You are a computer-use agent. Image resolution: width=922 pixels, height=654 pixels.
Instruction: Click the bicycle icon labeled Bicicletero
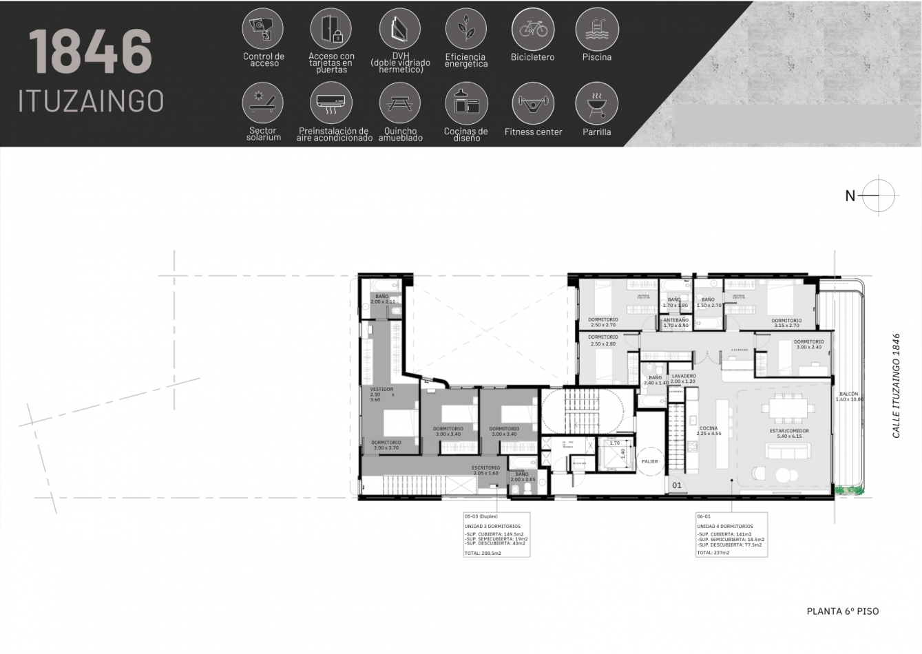(x=533, y=29)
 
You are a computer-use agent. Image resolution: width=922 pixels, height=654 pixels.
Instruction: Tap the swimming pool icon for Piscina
(x=596, y=29)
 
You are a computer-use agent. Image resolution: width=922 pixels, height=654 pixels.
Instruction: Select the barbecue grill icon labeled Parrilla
(x=596, y=103)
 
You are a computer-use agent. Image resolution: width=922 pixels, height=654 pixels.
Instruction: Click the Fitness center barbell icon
(x=533, y=103)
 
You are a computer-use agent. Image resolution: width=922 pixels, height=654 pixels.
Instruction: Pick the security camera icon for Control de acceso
(x=263, y=29)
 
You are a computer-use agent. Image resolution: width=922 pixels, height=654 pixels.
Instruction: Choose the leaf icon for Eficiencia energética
(x=466, y=29)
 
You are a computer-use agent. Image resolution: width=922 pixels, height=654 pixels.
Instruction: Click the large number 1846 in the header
(x=90, y=52)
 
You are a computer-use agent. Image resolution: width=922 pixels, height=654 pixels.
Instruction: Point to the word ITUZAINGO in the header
(x=91, y=101)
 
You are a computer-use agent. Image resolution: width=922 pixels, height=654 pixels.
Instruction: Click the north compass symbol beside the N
(x=878, y=196)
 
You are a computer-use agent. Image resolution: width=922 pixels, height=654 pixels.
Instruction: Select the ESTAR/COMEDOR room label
(x=788, y=431)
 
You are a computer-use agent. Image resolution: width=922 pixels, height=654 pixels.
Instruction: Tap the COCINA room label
(x=708, y=428)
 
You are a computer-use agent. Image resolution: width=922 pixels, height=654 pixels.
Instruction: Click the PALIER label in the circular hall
(x=649, y=461)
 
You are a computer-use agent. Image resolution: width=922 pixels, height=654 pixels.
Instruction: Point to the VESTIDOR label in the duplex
(x=381, y=390)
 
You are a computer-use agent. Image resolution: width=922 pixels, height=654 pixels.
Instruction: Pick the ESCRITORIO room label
(x=485, y=468)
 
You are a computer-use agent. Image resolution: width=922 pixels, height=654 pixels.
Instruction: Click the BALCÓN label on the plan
(x=848, y=394)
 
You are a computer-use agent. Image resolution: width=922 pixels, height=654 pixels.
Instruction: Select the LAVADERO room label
(x=683, y=377)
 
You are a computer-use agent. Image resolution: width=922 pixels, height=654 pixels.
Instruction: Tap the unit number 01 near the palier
(x=677, y=485)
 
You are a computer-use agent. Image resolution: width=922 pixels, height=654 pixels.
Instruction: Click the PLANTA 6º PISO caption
(x=842, y=611)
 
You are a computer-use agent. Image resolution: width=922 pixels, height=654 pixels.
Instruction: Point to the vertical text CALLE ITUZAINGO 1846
(x=896, y=386)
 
